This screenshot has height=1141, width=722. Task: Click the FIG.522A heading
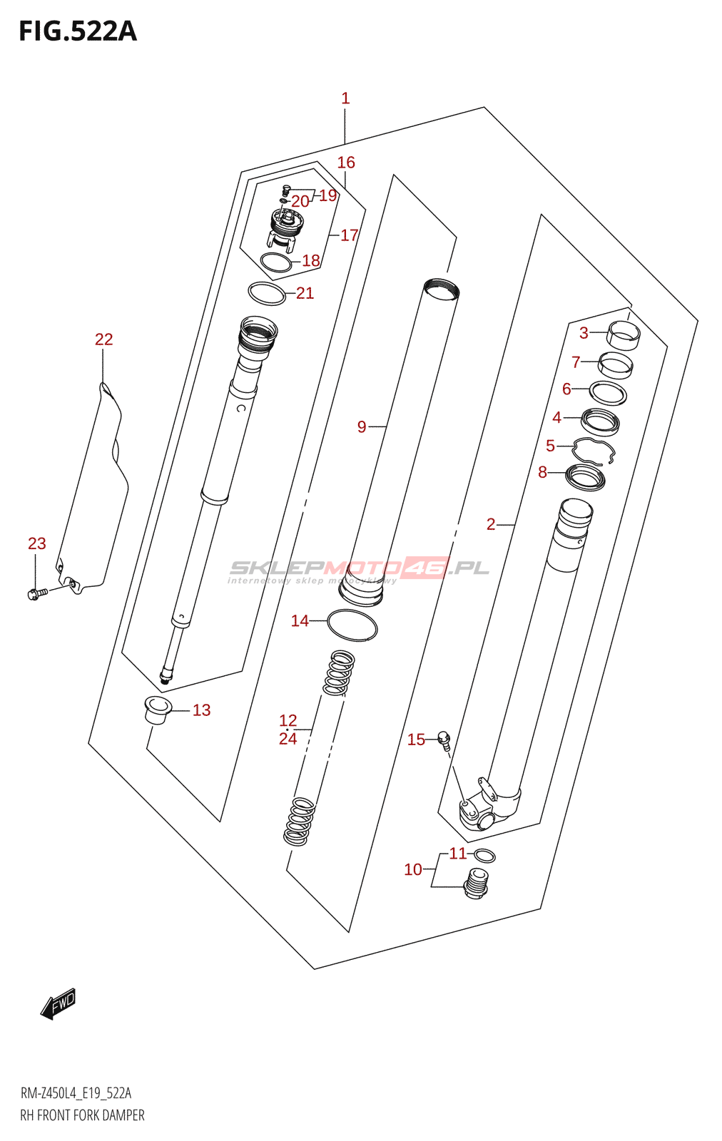tap(77, 31)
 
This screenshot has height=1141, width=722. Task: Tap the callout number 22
tap(104, 339)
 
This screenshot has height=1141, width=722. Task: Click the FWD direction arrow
tap(59, 1003)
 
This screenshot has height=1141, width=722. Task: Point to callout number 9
tap(362, 426)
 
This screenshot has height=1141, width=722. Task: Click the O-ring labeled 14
tap(352, 625)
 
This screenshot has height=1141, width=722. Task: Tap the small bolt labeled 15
tap(444, 738)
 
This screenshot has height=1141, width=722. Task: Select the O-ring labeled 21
tap(266, 293)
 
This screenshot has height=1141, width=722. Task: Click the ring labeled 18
tap(275, 262)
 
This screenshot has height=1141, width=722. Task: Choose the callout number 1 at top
tap(345, 98)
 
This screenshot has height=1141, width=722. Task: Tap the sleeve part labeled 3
tap(623, 334)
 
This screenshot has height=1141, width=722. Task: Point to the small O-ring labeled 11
tap(484, 856)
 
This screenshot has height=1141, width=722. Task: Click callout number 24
tap(288, 739)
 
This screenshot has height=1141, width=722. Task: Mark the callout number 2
tap(491, 525)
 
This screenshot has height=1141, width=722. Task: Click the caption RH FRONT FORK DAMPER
tap(82, 1115)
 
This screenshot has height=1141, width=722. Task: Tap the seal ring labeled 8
tap(585, 477)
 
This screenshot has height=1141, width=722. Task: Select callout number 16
tap(346, 163)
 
